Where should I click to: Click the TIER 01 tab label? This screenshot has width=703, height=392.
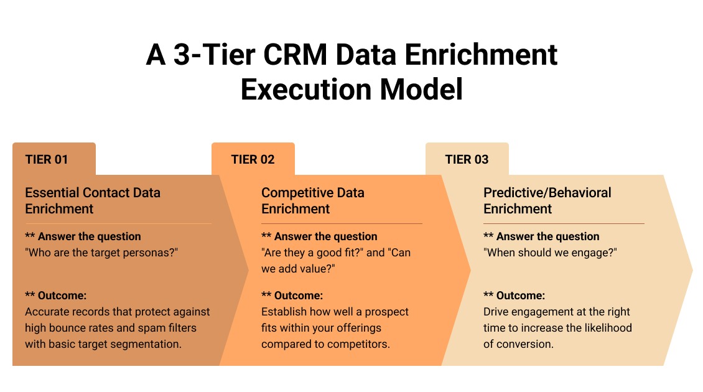47,159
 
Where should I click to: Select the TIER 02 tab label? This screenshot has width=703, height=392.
253,159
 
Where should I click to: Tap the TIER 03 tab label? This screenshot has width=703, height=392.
467,159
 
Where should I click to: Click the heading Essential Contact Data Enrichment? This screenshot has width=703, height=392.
93,200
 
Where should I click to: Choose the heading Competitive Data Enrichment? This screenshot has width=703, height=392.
312,200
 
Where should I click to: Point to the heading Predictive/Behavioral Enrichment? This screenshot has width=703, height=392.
547,200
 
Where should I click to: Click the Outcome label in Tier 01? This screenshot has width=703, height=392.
62,296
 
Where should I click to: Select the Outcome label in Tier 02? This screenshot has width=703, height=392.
298,296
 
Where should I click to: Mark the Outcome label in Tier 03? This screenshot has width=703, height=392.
520,296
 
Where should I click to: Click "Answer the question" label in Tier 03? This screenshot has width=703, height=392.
547,236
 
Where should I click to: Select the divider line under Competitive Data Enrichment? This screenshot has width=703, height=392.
342,223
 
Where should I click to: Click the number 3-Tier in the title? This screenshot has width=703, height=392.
205,55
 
